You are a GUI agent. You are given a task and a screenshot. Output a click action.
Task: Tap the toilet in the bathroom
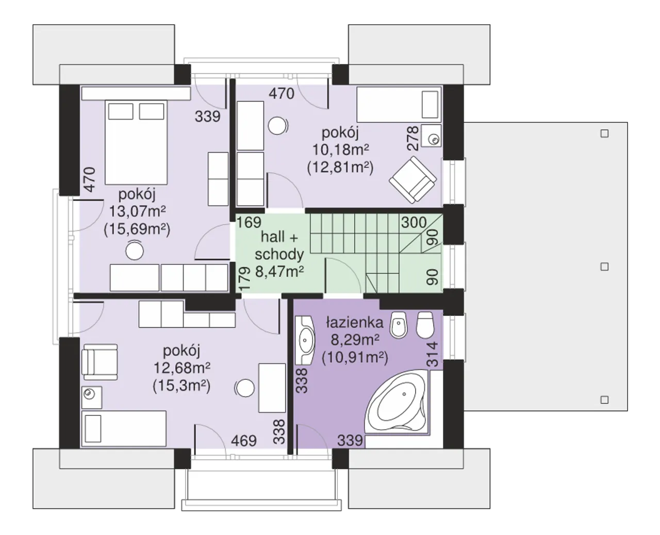[x=425, y=325]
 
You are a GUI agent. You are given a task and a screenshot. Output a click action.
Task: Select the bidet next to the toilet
[x=399, y=325]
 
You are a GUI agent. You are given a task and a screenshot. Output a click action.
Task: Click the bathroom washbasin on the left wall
[x=305, y=340]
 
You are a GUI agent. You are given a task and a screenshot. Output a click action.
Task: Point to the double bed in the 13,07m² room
[x=136, y=142]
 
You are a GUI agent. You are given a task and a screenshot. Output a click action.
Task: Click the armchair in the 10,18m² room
[x=413, y=180]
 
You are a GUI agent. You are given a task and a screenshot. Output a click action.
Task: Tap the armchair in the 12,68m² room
[x=100, y=362]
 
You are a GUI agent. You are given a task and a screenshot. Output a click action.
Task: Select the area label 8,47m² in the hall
[x=279, y=272]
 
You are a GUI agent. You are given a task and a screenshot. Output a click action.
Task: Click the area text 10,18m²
[x=340, y=150]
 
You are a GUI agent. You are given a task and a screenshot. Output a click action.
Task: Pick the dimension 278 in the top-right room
[x=412, y=139]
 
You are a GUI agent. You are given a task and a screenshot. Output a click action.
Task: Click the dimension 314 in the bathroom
[x=433, y=354]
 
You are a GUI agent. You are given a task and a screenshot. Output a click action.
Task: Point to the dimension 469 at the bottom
[x=244, y=441]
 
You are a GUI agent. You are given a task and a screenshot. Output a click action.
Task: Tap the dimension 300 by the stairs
[x=414, y=223]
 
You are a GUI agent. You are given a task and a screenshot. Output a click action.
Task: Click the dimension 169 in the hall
[x=249, y=223]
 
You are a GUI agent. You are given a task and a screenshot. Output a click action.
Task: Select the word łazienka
[x=355, y=323]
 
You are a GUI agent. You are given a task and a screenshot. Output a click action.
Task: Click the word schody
[x=279, y=254]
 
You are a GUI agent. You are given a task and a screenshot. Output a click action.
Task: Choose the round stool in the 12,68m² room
[x=245, y=388]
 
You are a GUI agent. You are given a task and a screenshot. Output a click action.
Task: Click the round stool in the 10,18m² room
[x=277, y=125]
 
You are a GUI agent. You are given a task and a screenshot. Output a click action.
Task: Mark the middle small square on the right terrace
[x=604, y=266]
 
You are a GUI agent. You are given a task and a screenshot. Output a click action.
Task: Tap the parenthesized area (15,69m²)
[x=137, y=229]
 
